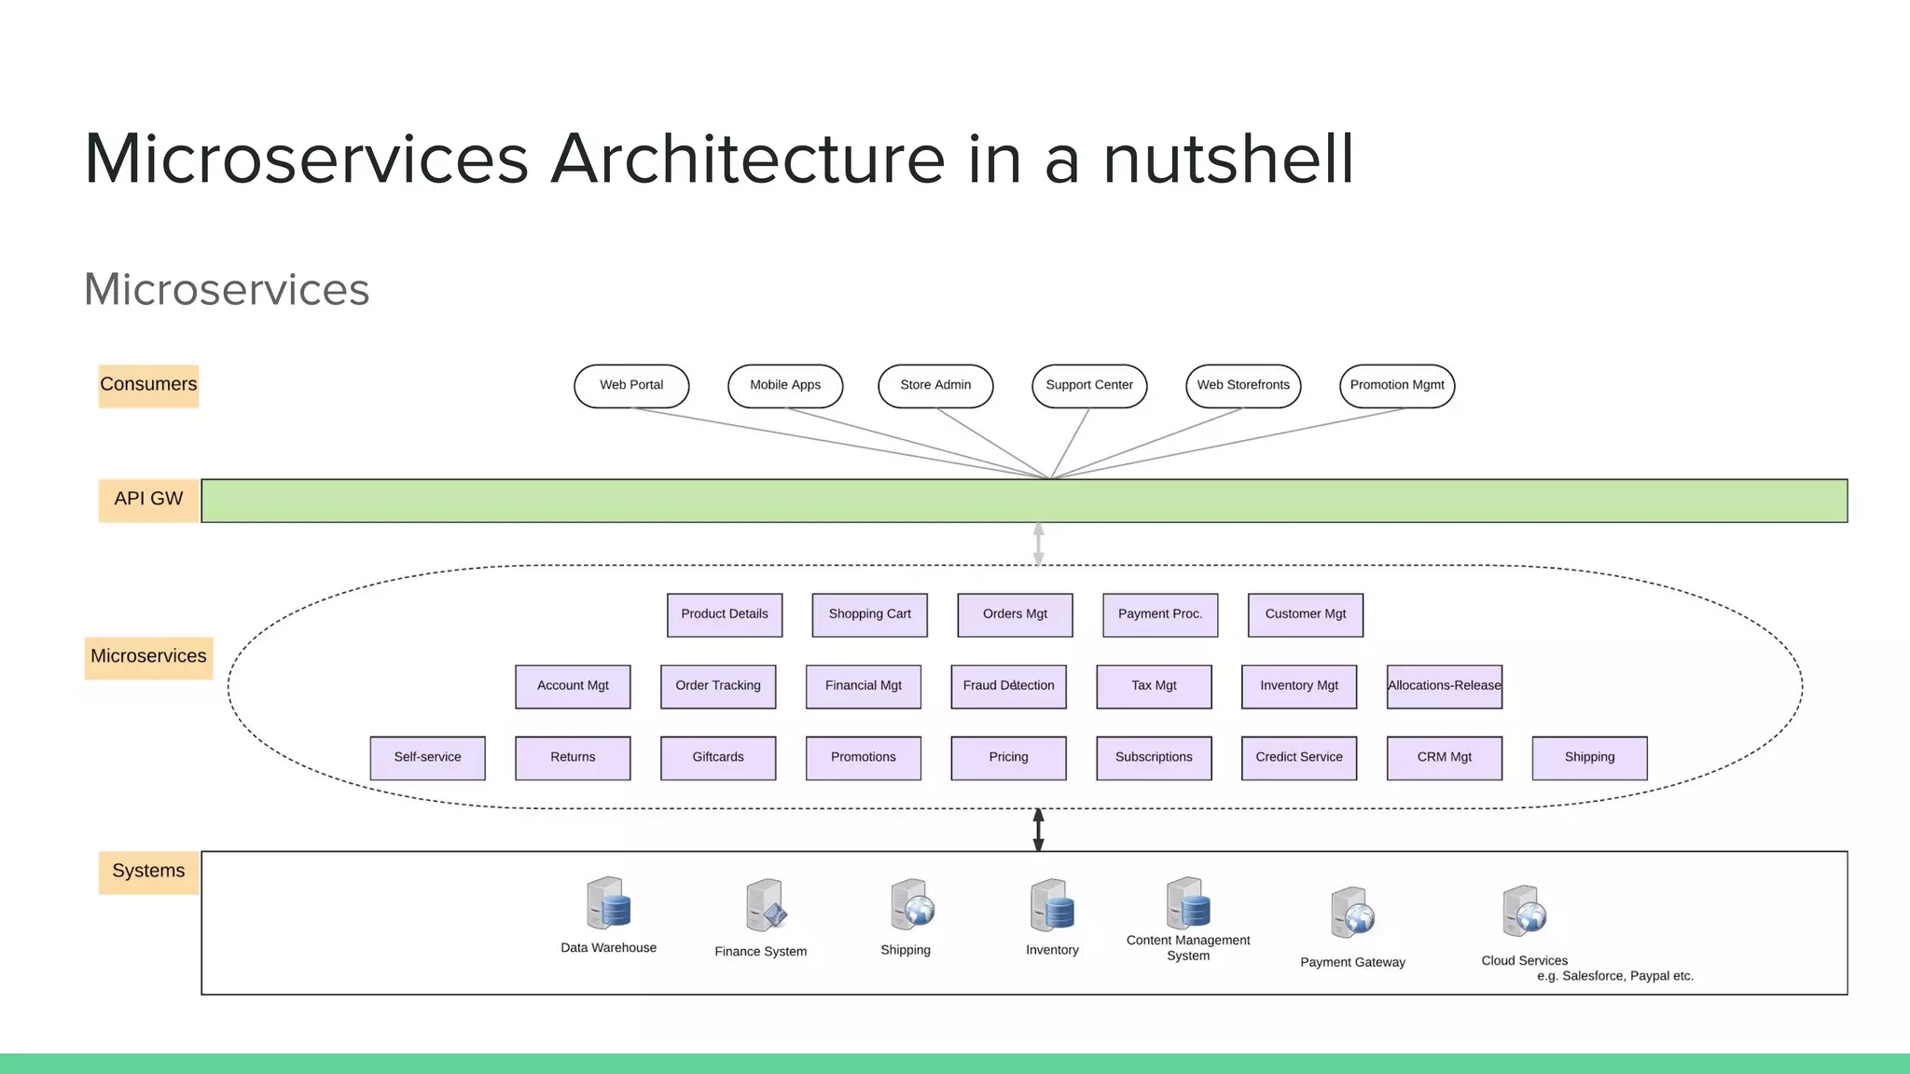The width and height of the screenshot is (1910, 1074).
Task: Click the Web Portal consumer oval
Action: pos(631,385)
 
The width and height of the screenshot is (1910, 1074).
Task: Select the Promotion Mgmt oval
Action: pos(1397,385)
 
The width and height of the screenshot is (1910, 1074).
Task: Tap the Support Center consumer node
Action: pos(1089,385)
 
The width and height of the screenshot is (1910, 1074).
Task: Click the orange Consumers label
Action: pos(148,385)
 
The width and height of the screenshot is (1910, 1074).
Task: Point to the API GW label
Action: pos(148,500)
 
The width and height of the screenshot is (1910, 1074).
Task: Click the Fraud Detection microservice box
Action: pos(1008,686)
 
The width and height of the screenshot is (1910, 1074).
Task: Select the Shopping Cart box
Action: pos(869,614)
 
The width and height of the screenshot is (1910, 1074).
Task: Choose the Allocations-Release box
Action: pos(1444,686)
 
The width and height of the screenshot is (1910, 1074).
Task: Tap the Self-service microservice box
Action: pos(427,757)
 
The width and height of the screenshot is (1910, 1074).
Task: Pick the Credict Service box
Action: pos(1298,757)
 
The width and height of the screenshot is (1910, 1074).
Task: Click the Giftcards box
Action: pos(718,757)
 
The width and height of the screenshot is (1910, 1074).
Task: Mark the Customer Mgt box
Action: pos(1305,614)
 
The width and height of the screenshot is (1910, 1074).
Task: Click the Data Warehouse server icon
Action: pos(608,902)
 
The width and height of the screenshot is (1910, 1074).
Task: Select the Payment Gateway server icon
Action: pos(1352,913)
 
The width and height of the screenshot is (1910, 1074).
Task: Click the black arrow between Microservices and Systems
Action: pos(1038,830)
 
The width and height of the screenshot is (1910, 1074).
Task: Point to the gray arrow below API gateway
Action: pos(1038,544)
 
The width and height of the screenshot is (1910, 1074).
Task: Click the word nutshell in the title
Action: pos(1227,159)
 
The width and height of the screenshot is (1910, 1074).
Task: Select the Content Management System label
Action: pos(1187,948)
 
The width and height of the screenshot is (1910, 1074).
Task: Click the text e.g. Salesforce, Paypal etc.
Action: pos(1614,976)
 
